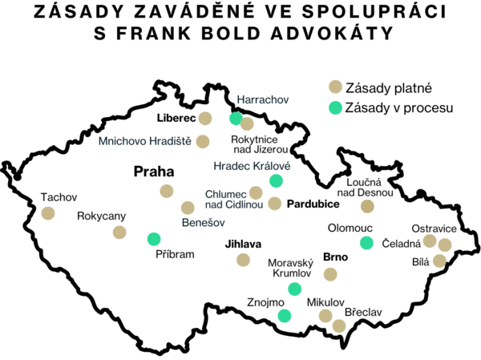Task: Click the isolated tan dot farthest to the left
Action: coord(48,214)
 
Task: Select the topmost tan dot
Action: coord(335,86)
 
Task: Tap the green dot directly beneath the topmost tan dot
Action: coord(335,107)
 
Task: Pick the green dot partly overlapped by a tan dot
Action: coord(235,119)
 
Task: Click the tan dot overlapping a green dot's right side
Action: coord(248,124)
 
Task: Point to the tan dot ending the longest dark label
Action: coord(203,142)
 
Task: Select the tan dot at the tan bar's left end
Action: coord(368,207)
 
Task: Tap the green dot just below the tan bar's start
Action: coord(367,242)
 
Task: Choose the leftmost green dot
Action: coord(153,239)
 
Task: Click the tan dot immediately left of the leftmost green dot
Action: coord(119,233)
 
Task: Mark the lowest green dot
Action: coord(285,316)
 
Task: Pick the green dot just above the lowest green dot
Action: coord(295,289)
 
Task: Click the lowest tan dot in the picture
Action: coord(338,326)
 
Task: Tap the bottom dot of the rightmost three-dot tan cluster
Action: coord(438,260)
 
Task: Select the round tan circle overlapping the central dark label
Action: coord(256,192)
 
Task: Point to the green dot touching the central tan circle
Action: coord(276,180)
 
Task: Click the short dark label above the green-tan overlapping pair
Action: coord(265,100)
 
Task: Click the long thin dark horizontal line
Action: coord(273,228)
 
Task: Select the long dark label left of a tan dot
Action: coord(144,141)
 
